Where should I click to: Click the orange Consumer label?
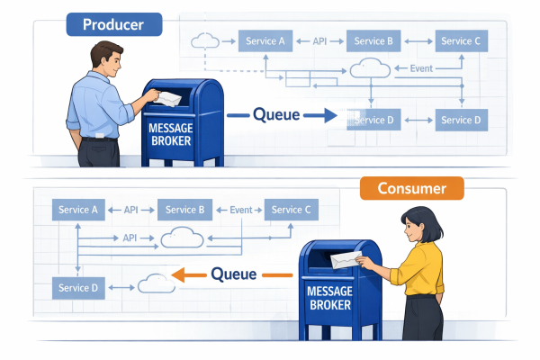411,188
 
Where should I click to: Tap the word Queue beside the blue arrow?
276,114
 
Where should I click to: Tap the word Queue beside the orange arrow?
233,274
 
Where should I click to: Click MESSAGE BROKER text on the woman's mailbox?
329,297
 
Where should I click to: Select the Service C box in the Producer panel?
462,41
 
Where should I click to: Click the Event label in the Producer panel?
420,69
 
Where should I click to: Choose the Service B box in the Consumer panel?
184,210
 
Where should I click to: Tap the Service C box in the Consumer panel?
290,210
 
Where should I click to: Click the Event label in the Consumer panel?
240,210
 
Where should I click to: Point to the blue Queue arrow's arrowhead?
328,114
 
